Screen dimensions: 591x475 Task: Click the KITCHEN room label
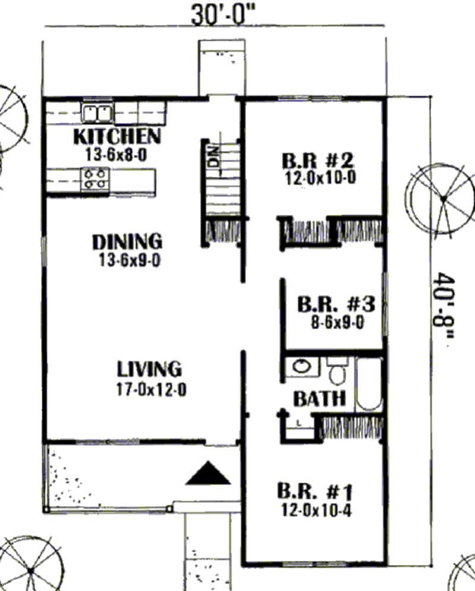coord(116,136)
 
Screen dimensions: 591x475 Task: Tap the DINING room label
coord(126,242)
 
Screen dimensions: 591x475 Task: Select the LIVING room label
coord(148,368)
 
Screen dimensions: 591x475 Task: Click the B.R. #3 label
coord(335,305)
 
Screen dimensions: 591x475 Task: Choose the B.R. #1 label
coord(315,491)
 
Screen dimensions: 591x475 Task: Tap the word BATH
coord(319,399)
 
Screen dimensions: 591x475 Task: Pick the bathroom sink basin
coord(302,366)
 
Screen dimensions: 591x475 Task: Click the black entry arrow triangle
coord(208,473)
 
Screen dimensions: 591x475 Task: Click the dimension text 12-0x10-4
coord(315,509)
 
